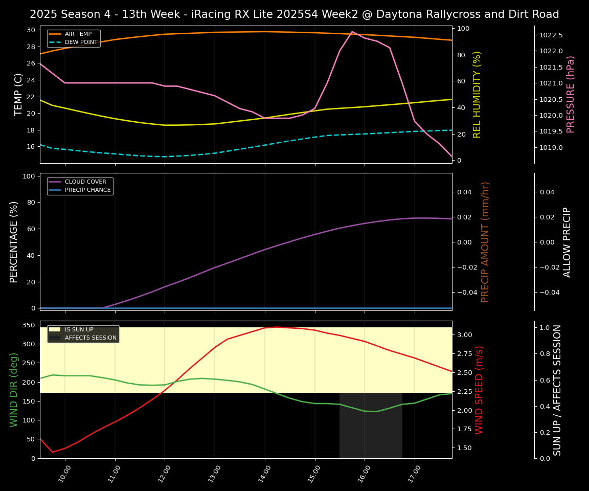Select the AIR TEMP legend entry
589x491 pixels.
click(78, 34)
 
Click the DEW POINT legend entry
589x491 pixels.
click(81, 42)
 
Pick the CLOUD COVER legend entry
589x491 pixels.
click(85, 182)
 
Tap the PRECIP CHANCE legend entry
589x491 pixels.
click(87, 190)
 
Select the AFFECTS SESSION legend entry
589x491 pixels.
click(90, 338)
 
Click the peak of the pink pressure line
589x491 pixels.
click(352, 32)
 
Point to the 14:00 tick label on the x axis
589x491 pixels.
click(262, 473)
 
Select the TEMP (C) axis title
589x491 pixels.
click(18, 94)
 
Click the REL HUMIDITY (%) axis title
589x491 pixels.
click(477, 94)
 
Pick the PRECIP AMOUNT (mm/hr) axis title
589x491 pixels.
click(485, 241)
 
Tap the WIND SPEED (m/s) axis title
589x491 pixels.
click(479, 390)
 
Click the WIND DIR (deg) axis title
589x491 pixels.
click(14, 390)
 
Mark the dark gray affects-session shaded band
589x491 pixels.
click(371, 426)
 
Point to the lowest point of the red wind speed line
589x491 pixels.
click(52, 452)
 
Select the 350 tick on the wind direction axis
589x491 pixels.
click(29, 325)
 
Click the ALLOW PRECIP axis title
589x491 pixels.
click(567, 241)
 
